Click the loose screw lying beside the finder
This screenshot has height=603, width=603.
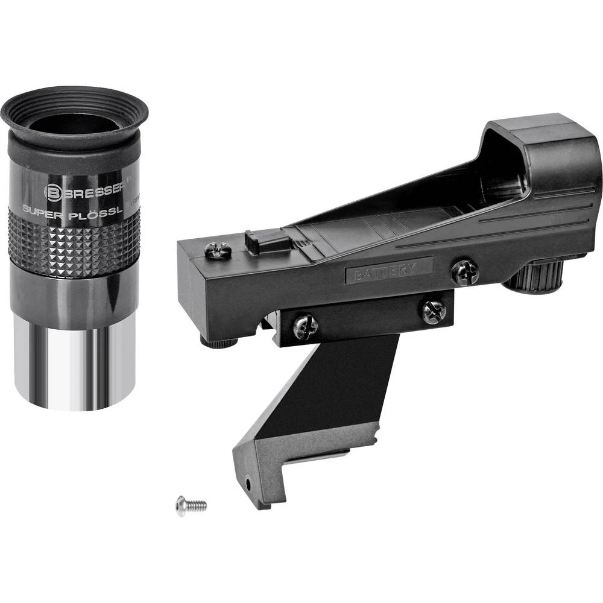190,505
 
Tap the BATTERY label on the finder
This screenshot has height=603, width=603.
388,270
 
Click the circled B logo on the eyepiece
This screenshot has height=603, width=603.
52,192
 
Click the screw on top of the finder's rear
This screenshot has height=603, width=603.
218,250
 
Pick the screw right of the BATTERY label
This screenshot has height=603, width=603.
464,273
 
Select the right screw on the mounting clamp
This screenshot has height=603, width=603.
434,311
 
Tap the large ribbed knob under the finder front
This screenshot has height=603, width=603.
534,277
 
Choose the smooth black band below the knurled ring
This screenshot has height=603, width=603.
75,295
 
